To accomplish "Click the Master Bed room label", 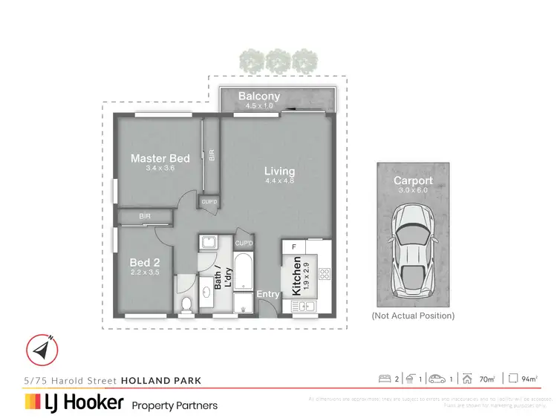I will tap(160, 158).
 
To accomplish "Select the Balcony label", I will tap(259, 97).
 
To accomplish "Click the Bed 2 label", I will tap(146, 263).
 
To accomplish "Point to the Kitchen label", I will tap(297, 278).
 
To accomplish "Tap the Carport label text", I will tap(413, 180).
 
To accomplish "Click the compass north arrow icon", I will tap(42, 348).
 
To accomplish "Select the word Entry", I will tap(268, 295).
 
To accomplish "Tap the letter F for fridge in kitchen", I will tap(294, 246).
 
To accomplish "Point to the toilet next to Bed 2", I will tap(186, 304).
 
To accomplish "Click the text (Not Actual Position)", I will tap(413, 316).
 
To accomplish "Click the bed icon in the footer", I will tap(385, 379).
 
